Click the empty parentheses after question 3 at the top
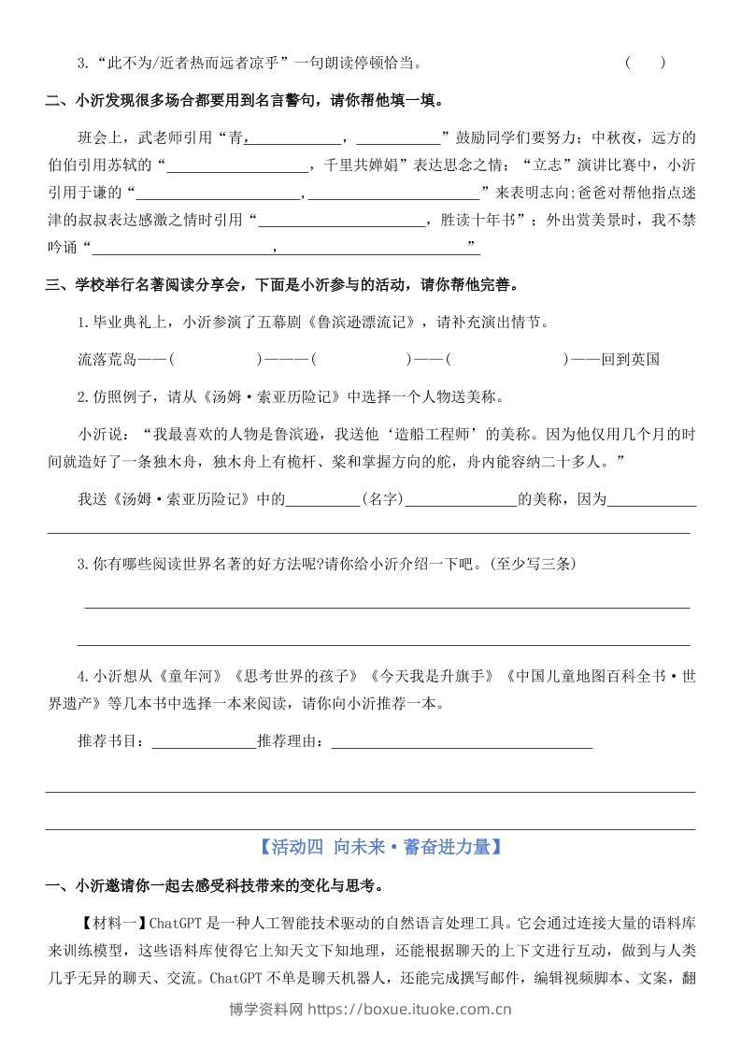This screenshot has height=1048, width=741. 645,64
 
